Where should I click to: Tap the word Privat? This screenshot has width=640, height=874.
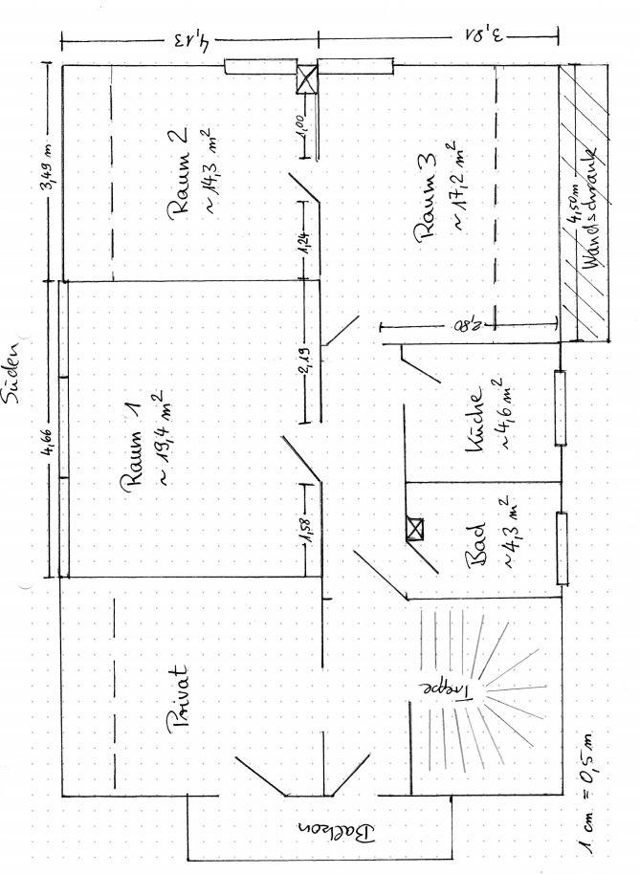point(181,699)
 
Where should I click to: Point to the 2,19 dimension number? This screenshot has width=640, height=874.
point(304,365)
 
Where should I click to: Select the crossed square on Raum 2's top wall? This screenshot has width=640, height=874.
point(307,81)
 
